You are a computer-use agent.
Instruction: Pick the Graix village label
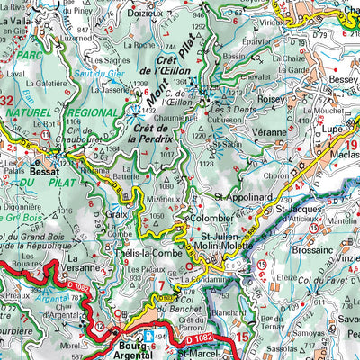pyautogui.click(x=115, y=214)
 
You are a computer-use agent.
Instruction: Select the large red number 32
pyautogui.click(x=7, y=100)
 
